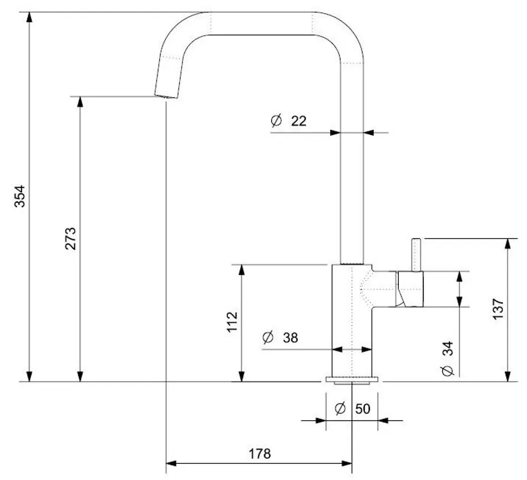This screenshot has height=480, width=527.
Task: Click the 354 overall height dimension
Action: [19, 196]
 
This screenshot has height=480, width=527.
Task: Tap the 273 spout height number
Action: [70, 239]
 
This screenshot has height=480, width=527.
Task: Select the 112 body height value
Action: [232, 322]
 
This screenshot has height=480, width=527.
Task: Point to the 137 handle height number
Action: [498, 309]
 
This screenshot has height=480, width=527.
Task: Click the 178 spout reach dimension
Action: [260, 454]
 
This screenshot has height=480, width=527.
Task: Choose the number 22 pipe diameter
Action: [299, 121]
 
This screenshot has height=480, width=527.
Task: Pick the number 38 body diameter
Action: [290, 337]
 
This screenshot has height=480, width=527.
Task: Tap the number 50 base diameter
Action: [363, 409]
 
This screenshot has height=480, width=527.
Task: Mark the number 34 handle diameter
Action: [448, 348]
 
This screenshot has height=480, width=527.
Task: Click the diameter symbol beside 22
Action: [276, 120]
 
